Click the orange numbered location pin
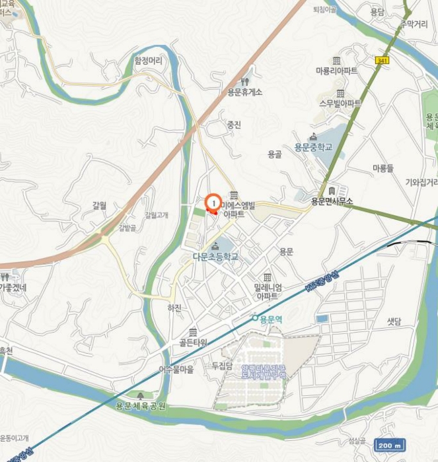click(213, 203)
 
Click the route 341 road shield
click(381, 60)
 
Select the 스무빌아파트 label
click(340, 104)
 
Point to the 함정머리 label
click(148, 60)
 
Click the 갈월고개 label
click(157, 214)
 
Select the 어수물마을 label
click(176, 370)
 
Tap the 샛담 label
click(394, 321)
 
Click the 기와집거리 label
click(421, 182)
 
